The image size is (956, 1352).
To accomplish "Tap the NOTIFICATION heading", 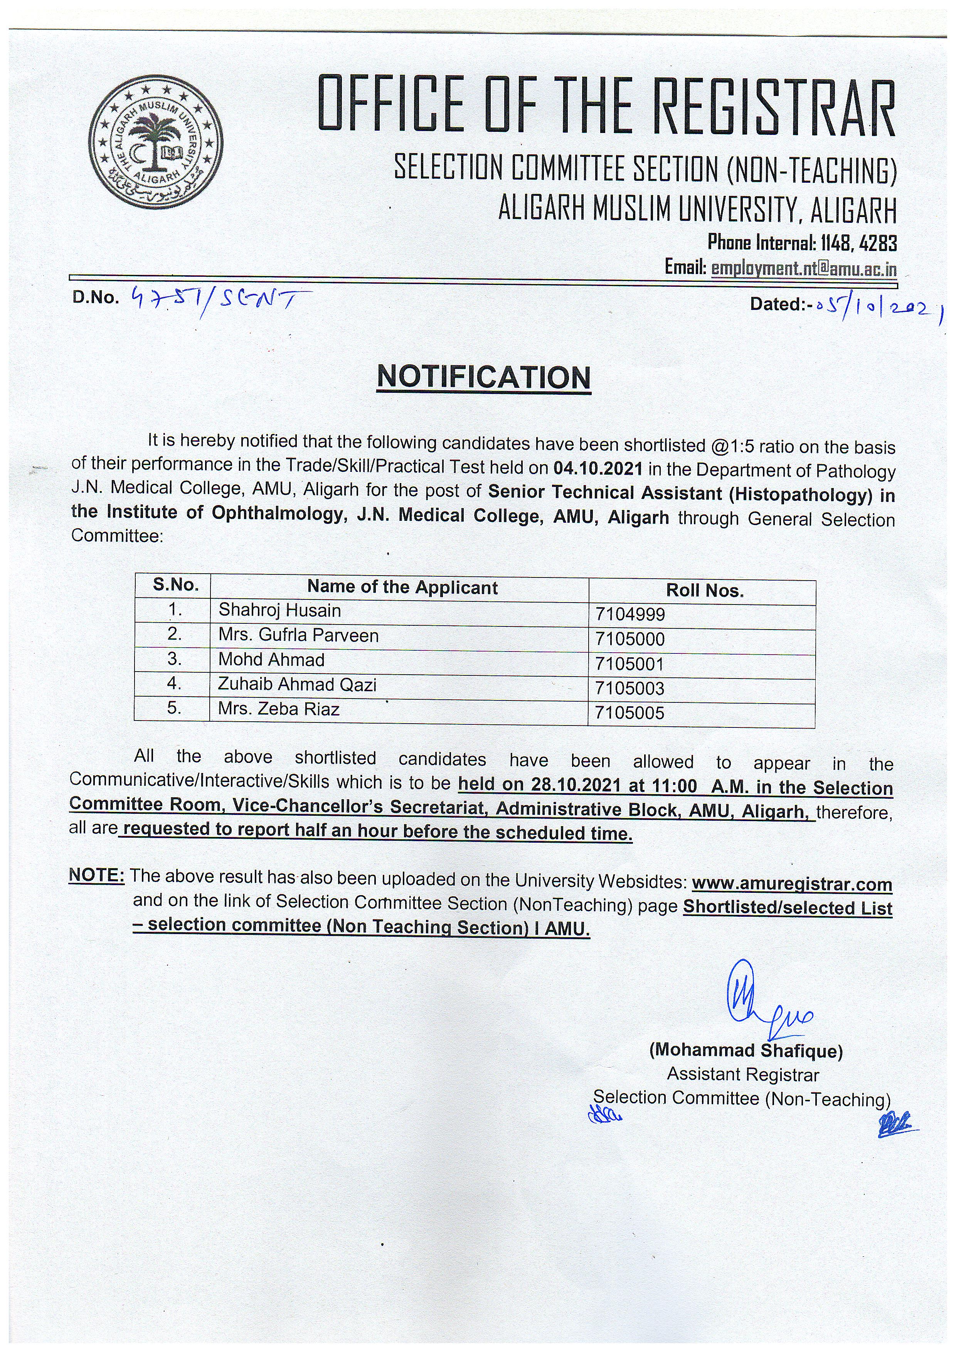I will [x=483, y=377].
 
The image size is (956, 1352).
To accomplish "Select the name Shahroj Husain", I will [x=279, y=610].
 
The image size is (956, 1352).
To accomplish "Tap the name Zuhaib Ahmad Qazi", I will [x=297, y=684].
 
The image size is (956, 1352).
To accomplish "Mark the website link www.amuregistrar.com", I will [x=792, y=884].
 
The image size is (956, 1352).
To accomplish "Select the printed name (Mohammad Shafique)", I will [x=746, y=1051].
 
